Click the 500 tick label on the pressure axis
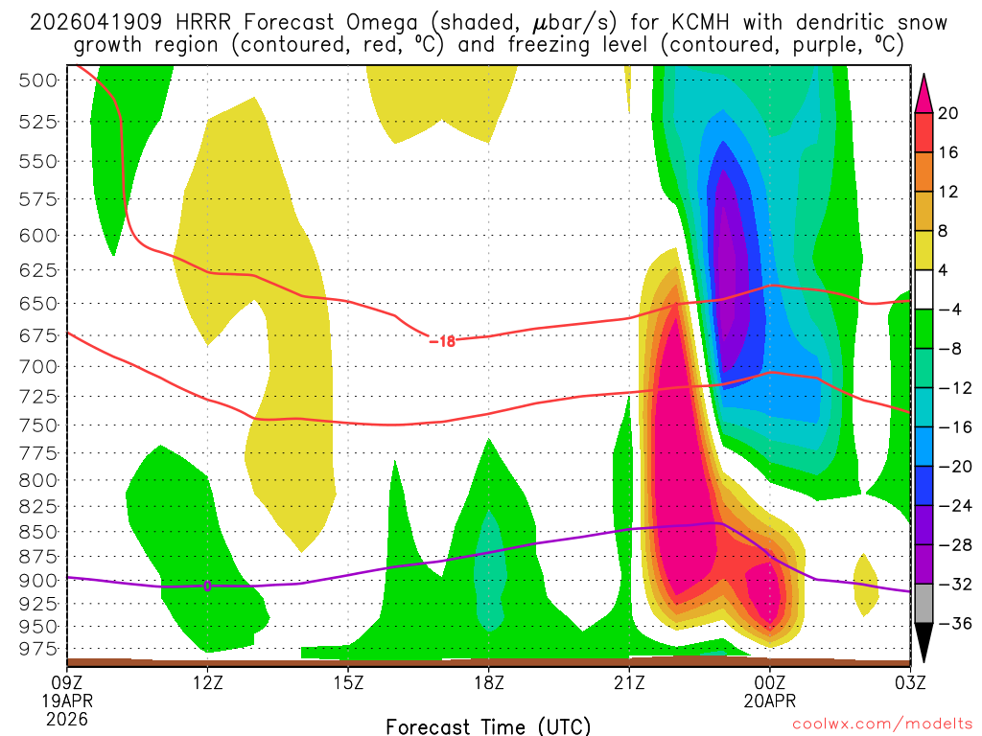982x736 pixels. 39,80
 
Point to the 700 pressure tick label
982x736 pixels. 39,366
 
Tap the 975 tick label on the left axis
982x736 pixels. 39,649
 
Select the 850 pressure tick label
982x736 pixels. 39,531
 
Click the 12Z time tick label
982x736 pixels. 207,682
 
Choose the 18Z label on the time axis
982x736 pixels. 488,682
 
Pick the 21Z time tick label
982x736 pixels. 629,682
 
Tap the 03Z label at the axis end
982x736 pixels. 908,682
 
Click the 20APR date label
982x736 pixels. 770,701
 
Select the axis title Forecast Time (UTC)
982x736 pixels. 488,725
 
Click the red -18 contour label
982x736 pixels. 442,340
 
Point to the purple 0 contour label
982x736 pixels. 207,586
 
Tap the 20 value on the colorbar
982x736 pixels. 948,113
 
